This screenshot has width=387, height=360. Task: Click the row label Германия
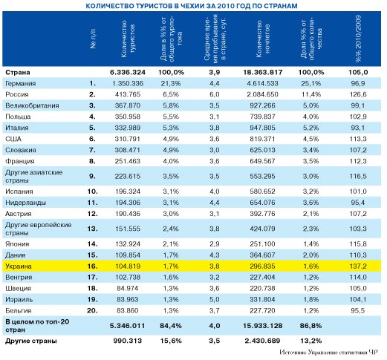21,84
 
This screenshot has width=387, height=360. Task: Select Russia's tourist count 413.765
128,94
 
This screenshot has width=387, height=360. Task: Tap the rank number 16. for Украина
92,266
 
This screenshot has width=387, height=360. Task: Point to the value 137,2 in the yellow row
358,266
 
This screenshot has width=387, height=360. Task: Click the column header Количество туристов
128,39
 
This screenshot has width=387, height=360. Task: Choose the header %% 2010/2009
358,39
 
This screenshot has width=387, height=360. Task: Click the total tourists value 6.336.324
128,73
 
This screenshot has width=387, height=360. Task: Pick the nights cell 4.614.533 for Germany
262,83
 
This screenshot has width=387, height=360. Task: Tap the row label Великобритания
32,105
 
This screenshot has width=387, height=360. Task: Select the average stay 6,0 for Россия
214,94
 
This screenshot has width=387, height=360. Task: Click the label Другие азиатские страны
34,176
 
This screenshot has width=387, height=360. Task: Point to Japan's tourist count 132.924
128,244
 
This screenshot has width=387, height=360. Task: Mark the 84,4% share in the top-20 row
171,326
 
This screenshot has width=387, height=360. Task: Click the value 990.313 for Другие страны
128,341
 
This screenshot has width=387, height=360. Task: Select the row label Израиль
19,300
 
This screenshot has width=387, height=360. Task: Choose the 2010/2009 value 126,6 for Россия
358,94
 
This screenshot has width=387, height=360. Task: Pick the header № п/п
93,39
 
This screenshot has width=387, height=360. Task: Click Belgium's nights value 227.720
262,310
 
